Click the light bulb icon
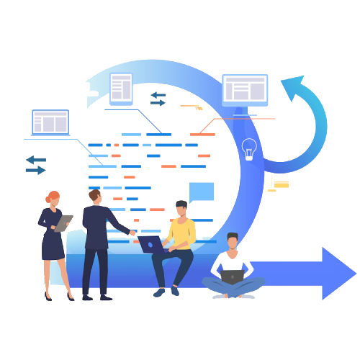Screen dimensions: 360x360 pos(249,149)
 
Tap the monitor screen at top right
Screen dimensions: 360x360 pos(245,89)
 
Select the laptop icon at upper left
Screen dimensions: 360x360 pos(50,122)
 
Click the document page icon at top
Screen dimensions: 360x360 pos(121,88)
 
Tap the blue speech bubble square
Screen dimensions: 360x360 pos(202,192)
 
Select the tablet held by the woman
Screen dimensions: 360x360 pos(63,223)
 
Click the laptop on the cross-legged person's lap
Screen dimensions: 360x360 pos(232,276)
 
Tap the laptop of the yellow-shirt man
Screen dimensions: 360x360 pos(150,244)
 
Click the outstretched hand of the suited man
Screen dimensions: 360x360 pos(132,232)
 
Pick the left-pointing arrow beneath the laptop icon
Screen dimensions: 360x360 pos(35,159)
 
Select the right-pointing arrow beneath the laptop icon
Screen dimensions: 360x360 pos(35,170)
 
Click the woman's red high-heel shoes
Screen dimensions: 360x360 pos(58,295)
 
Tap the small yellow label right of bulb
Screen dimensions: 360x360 pos(281,184)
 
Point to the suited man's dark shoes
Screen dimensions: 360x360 pos(95,297)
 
